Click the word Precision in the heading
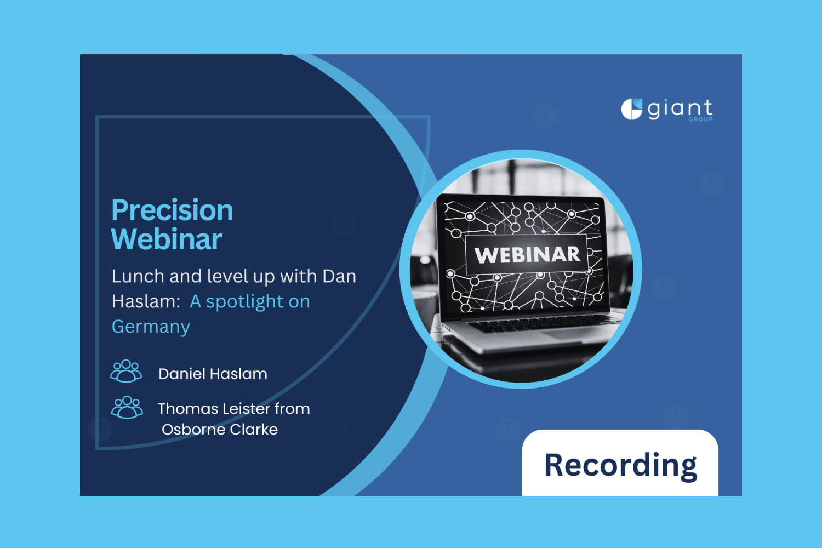coord(172,210)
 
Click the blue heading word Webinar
coord(167,239)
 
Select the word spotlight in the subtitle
coord(244,302)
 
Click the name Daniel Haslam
coord(213,374)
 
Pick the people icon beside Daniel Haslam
coord(126,371)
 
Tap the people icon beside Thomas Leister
coord(127,407)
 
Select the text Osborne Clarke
coord(220,430)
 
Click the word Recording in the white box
coord(620,465)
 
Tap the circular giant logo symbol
coord(631,109)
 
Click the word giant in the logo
coord(680,110)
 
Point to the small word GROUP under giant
coord(700,119)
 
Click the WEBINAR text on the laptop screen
coord(527,255)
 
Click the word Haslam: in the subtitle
coord(146,301)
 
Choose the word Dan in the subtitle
coord(339,276)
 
